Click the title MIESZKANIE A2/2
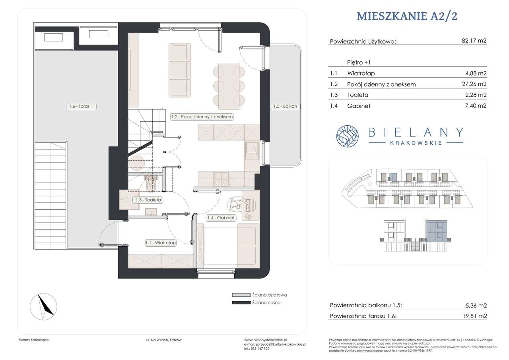coord(407,16)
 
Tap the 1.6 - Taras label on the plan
coord(81,106)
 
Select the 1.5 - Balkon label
coord(285,106)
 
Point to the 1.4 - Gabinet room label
coord(221,218)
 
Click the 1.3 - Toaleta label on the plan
coord(148,200)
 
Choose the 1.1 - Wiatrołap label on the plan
coord(161,243)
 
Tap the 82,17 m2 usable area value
coord(474,41)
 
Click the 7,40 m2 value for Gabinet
coord(476,106)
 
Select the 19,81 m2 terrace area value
coord(475,316)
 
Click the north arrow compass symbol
coord(44,307)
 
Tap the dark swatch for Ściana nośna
coord(241,303)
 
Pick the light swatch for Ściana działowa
coord(241,295)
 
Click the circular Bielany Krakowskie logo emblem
coord(348,136)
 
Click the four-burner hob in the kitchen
coord(221,179)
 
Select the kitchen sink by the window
coord(252,149)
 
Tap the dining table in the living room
coord(229,86)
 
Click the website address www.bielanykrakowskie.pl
coord(265,340)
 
